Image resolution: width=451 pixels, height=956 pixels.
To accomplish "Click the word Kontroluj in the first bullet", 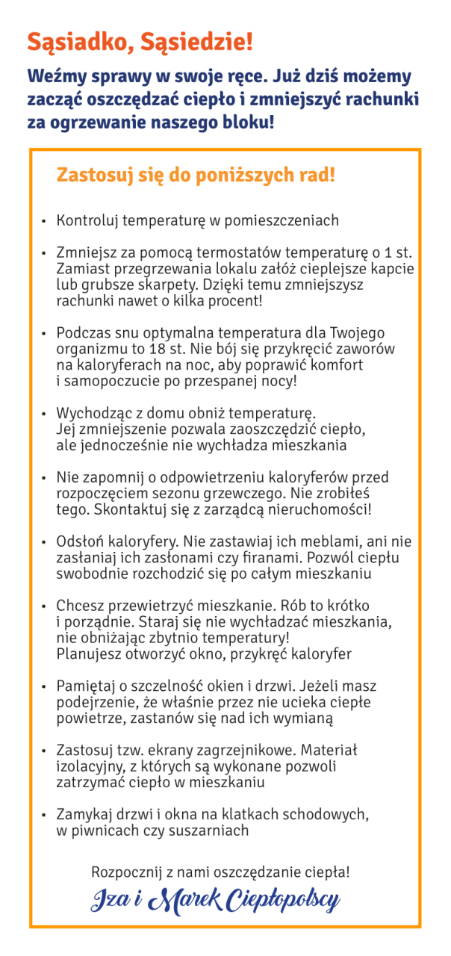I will [87, 221].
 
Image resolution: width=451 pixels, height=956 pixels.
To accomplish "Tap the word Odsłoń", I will [81, 542].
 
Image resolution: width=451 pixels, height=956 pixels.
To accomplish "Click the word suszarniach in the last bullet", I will [212, 831].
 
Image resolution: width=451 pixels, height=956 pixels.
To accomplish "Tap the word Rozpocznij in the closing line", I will [127, 872].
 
